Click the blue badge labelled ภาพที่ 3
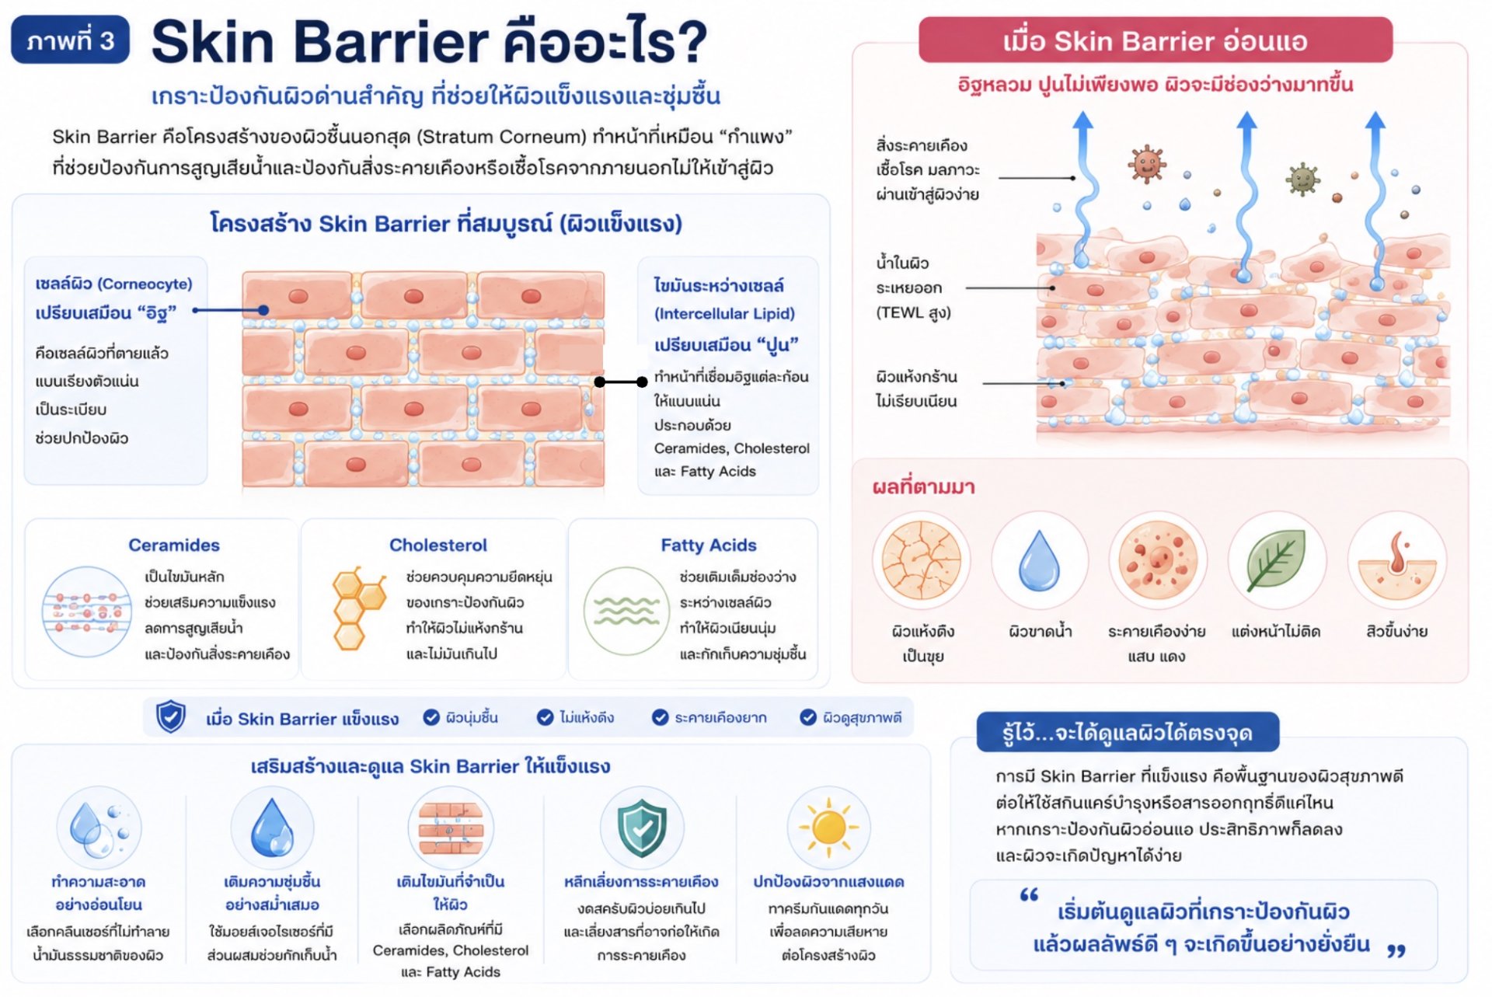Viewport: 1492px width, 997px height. click(x=70, y=40)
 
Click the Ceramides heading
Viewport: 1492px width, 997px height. click(x=174, y=545)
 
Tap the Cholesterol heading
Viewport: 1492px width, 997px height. click(x=438, y=545)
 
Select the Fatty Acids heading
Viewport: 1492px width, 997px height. click(x=709, y=545)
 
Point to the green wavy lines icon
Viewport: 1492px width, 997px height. click(x=626, y=612)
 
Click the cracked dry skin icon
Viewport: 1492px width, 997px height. click(x=922, y=560)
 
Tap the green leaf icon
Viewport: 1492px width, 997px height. click(x=1276, y=560)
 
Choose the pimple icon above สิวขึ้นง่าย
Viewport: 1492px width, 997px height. click(x=1396, y=563)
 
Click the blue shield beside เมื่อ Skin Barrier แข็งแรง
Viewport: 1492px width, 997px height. click(x=171, y=716)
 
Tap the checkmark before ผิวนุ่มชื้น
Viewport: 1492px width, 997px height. click(x=431, y=717)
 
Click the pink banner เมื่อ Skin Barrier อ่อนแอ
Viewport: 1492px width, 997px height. click(x=1155, y=40)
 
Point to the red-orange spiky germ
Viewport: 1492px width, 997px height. click(x=1147, y=164)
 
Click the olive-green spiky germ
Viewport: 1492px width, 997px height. click(x=1303, y=180)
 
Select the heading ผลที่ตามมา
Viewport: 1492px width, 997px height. click(x=923, y=487)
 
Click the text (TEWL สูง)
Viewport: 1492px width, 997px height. click(x=914, y=313)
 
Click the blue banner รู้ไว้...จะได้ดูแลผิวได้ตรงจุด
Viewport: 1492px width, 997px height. click(x=1128, y=732)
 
